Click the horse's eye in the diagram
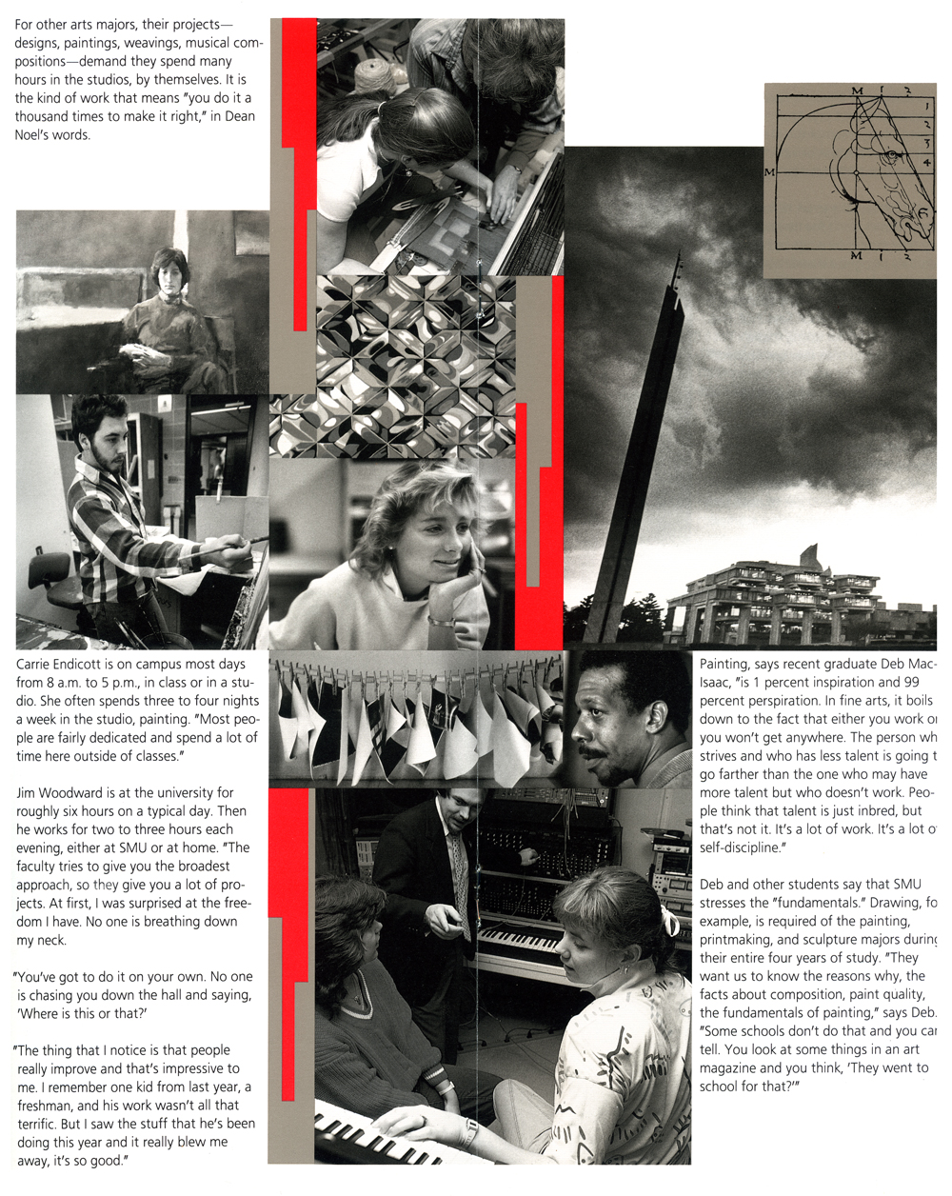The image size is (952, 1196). pos(891,154)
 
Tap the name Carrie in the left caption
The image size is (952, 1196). pos(36,665)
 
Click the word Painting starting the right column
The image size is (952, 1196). pos(724,665)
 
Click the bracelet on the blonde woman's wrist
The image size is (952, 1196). pos(442,621)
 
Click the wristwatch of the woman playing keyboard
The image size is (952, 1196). pos(470,1130)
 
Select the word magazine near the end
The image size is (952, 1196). pos(730,1068)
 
